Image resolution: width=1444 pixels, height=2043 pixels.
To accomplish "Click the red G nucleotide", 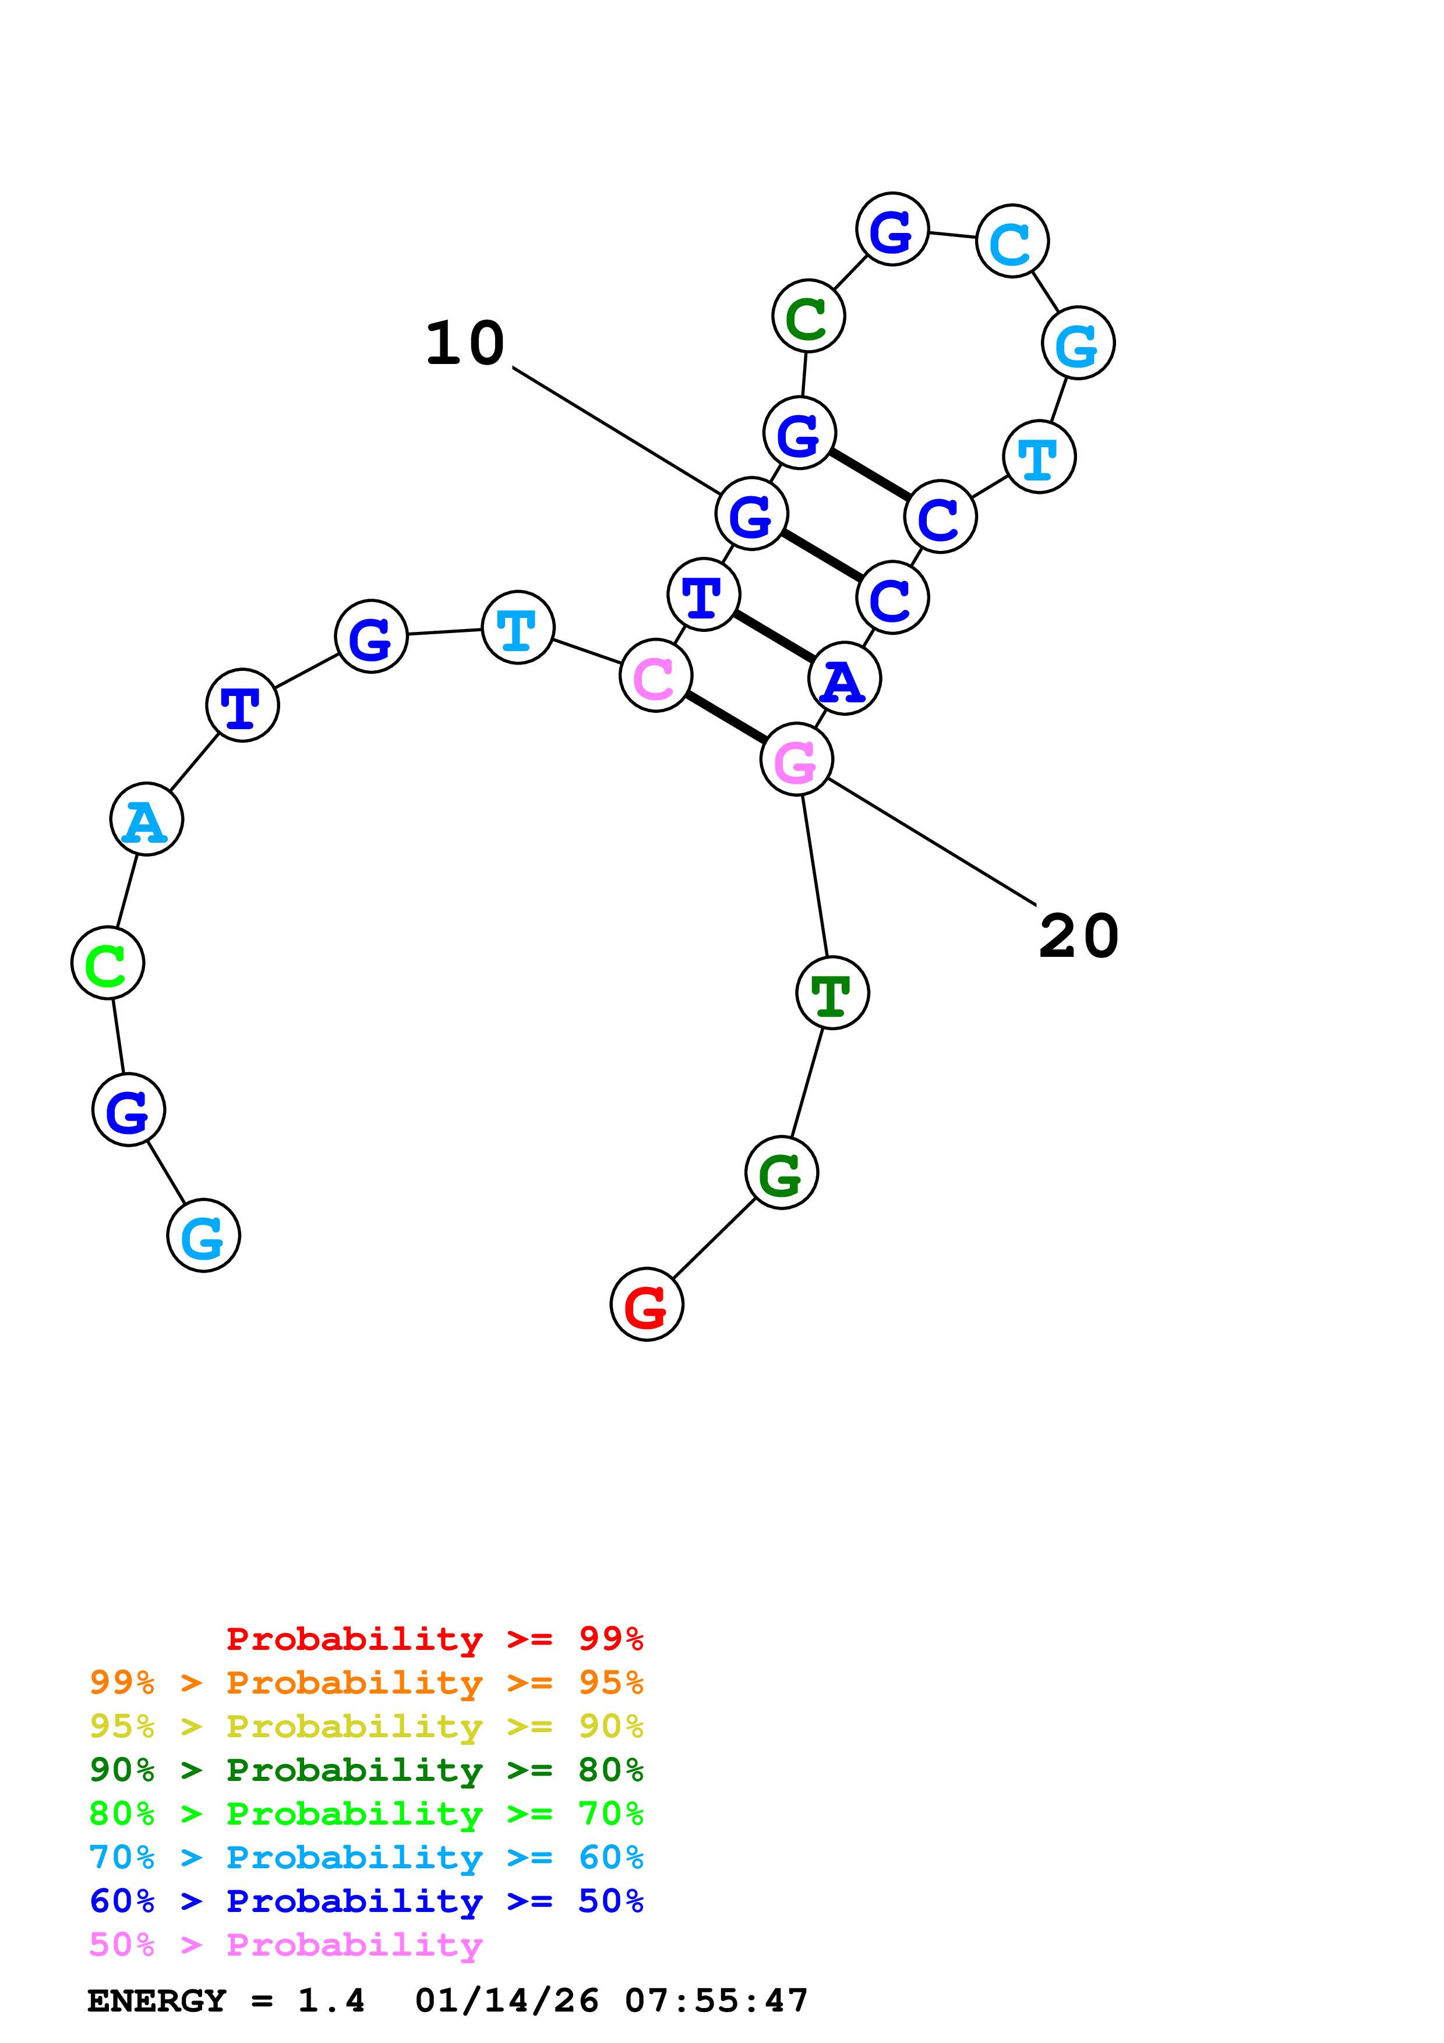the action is pos(647,1305).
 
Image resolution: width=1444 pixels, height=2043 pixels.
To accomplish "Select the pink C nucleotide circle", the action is pos(656,676).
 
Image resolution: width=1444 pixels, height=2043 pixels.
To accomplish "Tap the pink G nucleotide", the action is pos(796,760).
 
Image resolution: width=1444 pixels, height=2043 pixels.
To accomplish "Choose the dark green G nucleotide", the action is pos(781,1173).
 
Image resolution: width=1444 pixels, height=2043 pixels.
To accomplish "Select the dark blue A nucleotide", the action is pos(845,679).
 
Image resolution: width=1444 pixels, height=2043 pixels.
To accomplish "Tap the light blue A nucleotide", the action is pos(147,819).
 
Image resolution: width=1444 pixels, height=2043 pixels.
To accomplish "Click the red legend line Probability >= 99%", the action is pos(434,1638).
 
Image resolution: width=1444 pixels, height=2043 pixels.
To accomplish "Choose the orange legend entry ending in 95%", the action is pos(366,1682).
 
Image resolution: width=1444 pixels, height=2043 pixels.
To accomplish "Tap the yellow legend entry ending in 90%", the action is pos(366,1726).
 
